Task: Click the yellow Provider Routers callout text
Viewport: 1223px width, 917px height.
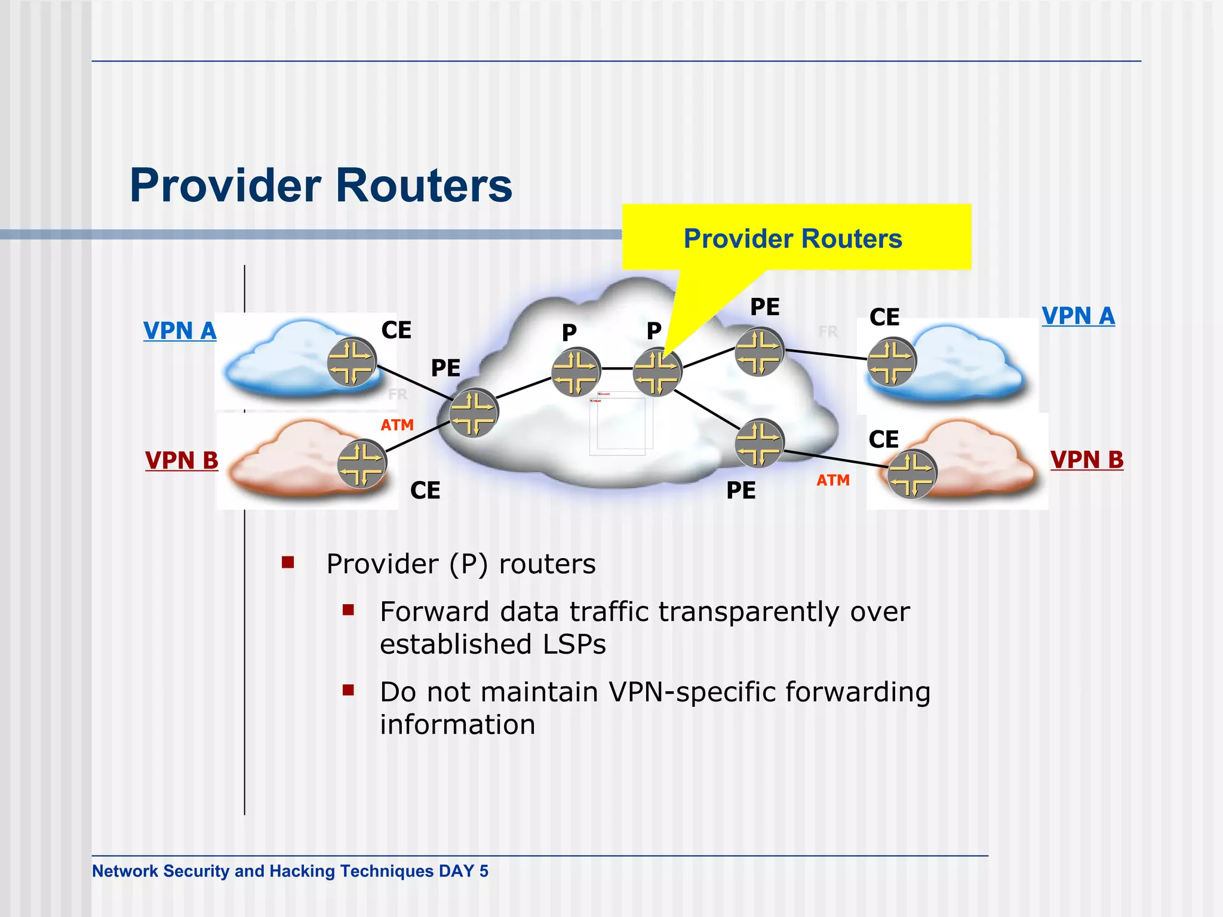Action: [792, 239]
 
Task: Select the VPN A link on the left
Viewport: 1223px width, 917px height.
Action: [180, 331]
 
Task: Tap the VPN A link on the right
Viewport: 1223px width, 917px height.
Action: [1078, 316]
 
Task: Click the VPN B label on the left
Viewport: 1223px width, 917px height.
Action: [182, 460]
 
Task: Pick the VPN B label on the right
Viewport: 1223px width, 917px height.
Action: [1087, 460]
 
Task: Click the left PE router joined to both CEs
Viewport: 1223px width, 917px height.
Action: [473, 413]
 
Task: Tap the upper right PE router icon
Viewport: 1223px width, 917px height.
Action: [759, 352]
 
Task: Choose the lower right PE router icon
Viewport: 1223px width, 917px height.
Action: [759, 443]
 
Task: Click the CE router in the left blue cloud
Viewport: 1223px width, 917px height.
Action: [352, 362]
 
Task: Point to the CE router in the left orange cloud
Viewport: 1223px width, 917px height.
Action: [362, 464]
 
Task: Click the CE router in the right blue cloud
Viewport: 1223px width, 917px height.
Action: [891, 362]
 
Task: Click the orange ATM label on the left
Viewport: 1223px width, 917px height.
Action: [397, 425]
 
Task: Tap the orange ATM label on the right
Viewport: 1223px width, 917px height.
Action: [833, 480]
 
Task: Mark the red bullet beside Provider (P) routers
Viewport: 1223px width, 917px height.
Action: [288, 562]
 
